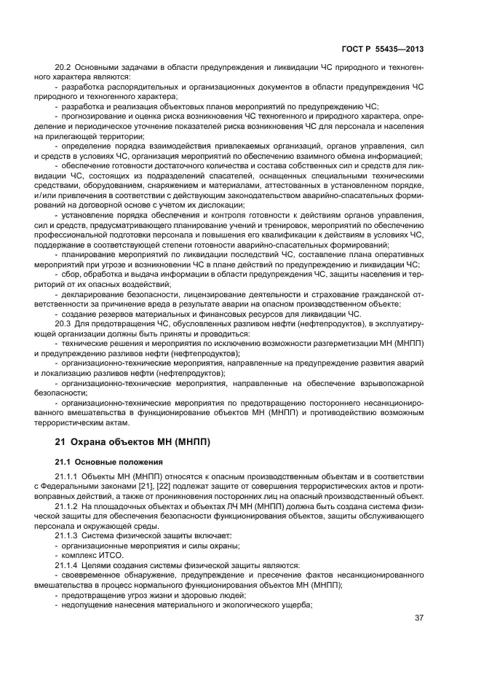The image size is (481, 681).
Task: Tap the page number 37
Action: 419,618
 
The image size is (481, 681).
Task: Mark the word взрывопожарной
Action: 389,382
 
